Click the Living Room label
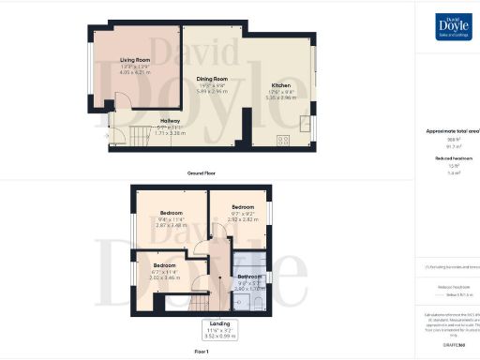(135, 62)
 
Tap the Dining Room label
(213, 79)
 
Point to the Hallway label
(170, 121)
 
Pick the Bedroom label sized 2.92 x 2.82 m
(243, 206)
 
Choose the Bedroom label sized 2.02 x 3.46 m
(165, 265)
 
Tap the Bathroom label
(249, 277)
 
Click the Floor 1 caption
(201, 351)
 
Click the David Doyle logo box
(454, 26)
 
